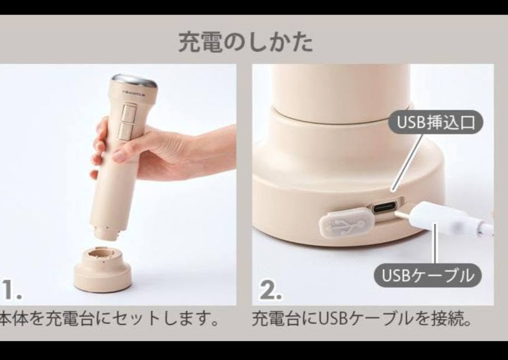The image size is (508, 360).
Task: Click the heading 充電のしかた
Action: coord(246,42)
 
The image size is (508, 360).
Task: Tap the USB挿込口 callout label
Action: coord(436,122)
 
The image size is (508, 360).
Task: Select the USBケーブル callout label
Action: coord(427,276)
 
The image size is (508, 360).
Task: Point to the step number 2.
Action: coord(271,290)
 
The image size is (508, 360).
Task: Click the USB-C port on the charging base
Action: coord(385,207)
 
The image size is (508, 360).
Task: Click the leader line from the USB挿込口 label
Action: coord(407,163)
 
